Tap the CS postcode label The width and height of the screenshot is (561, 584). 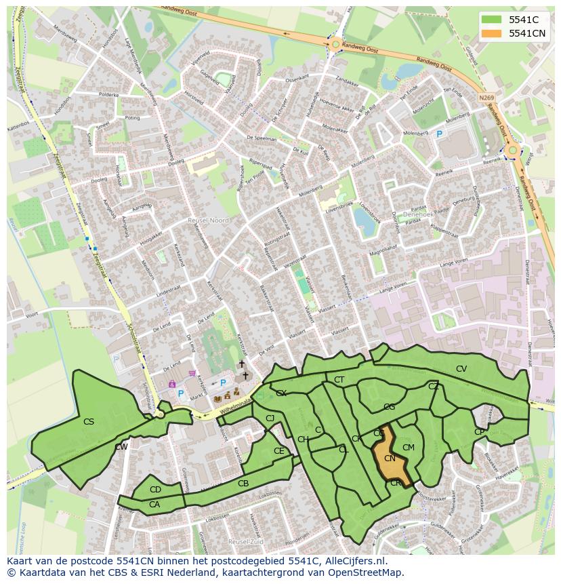coord(88,422)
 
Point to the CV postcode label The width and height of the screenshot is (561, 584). coord(461,369)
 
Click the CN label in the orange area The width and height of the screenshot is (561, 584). coord(390,459)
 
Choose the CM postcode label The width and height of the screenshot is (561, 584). coord(408,448)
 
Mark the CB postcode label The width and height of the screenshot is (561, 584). coord(243,484)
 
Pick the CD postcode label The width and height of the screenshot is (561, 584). coord(155,490)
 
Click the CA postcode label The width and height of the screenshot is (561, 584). coord(154,504)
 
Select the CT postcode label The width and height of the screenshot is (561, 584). coord(339,380)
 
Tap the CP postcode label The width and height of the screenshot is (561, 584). coord(479,432)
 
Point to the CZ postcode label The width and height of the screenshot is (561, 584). coord(433,387)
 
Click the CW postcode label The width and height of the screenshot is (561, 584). coord(121,447)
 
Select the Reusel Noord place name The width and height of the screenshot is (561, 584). coord(209,220)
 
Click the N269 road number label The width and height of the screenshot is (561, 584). coord(486,98)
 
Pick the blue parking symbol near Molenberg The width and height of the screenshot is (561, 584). coord(439,134)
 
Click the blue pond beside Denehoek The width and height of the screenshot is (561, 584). coord(364,222)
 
